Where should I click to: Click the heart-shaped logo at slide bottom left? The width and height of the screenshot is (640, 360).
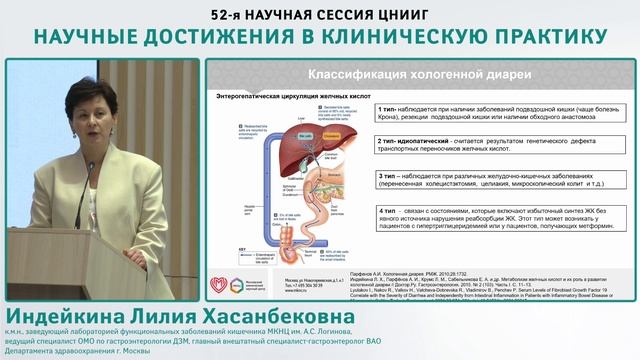(x=222, y=284)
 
